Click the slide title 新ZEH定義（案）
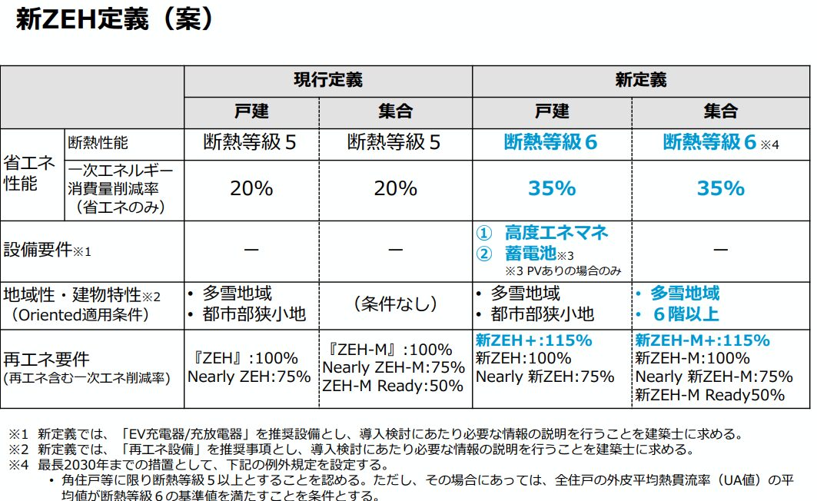click(x=115, y=21)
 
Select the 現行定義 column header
click(x=328, y=79)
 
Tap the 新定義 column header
click(x=640, y=79)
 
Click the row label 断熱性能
click(x=99, y=142)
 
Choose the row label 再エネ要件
click(x=46, y=359)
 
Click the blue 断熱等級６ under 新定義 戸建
click(x=550, y=142)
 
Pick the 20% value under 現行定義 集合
click(x=395, y=188)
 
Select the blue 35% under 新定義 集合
click(x=720, y=188)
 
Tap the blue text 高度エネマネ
click(x=556, y=232)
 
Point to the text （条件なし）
click(x=395, y=304)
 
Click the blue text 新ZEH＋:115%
click(x=533, y=340)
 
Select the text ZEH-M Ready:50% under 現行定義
click(x=393, y=387)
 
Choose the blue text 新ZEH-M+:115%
click(x=702, y=340)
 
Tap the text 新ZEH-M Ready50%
click(x=710, y=395)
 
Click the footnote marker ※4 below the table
click(x=17, y=465)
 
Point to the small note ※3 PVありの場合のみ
click(x=563, y=270)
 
